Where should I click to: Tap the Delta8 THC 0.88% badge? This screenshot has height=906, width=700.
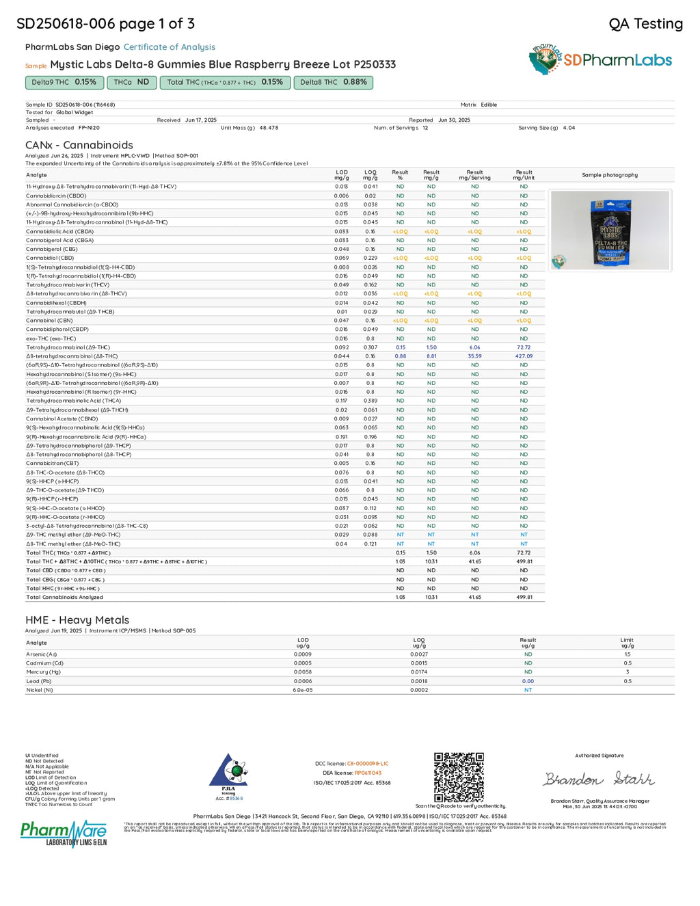(x=333, y=82)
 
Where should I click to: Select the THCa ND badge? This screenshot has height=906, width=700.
(x=131, y=82)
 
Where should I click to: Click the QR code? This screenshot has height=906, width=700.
(x=459, y=777)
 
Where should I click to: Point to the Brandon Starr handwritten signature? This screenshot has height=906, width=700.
(x=599, y=779)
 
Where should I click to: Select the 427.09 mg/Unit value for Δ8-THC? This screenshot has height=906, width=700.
(x=524, y=356)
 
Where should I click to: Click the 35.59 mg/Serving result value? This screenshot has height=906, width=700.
(x=474, y=356)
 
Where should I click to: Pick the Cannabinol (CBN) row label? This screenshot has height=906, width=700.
(x=49, y=321)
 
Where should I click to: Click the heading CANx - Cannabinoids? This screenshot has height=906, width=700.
(x=79, y=145)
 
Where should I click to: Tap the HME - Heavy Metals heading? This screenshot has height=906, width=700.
(x=77, y=620)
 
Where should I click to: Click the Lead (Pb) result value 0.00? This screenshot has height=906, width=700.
(x=528, y=681)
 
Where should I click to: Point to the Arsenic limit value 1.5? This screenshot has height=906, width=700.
(x=627, y=654)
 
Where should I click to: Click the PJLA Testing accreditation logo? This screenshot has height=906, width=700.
(x=229, y=777)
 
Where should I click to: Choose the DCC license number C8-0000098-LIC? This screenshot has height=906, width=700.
(x=367, y=764)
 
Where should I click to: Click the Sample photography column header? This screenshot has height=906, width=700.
(x=610, y=175)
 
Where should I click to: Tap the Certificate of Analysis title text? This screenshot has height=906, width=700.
(x=170, y=47)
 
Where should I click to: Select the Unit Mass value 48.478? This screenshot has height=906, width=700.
(x=269, y=128)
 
